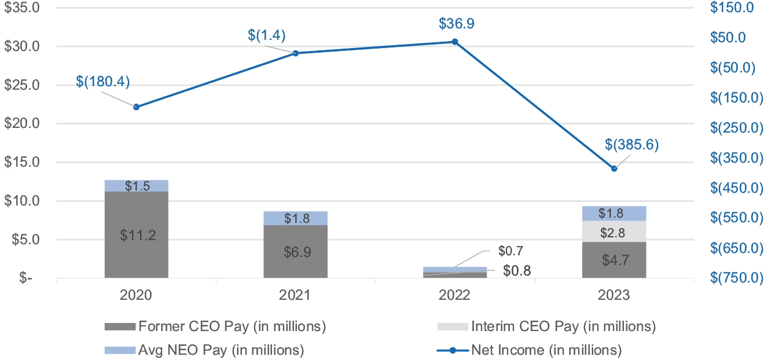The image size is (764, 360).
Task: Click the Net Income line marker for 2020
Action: point(137,107)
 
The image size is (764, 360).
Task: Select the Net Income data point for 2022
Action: point(455,42)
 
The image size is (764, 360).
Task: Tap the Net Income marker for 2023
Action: point(614,168)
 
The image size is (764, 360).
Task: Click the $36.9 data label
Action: point(455,24)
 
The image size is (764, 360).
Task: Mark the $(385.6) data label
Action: point(632,145)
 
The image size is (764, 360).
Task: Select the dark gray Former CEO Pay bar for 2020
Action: point(137,234)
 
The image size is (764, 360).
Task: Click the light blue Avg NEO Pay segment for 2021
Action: point(296,218)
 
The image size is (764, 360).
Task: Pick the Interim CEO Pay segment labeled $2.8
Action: point(614,232)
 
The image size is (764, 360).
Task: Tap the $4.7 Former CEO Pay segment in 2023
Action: point(614,260)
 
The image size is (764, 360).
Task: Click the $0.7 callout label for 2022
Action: point(511,251)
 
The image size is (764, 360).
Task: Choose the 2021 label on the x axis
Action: point(296,295)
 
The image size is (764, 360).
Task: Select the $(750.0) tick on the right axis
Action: point(733,278)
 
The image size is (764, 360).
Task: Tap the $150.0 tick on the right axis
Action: point(733,8)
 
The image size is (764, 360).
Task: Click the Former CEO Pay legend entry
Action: point(215,326)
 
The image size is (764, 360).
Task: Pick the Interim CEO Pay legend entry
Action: point(547,326)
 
